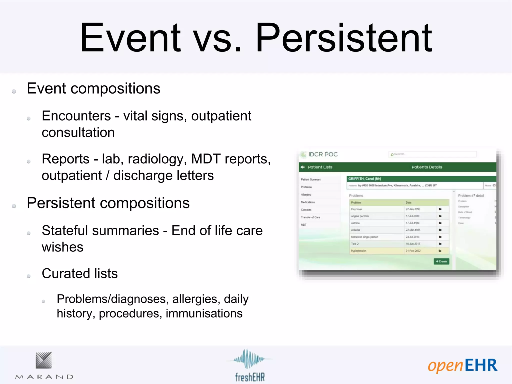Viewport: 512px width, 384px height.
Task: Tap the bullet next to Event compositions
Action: point(14,91)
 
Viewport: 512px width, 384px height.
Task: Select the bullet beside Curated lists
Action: point(29,276)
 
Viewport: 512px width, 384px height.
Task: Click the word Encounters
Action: point(76,116)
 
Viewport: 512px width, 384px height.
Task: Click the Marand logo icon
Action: point(44,360)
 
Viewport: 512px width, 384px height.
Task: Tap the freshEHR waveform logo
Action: point(247,359)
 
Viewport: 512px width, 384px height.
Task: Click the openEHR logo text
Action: point(462,366)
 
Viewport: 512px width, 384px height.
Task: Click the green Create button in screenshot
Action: point(441,261)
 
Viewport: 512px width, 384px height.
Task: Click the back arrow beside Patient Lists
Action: point(302,167)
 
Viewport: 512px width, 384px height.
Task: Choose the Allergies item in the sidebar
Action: point(306,194)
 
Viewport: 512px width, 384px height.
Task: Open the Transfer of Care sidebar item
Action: point(310,217)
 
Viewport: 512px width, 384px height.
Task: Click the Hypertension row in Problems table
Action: point(359,251)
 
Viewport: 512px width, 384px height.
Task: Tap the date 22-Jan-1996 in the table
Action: point(413,209)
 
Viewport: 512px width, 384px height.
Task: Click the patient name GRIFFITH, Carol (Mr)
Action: point(364,179)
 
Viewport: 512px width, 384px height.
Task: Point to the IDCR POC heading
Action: point(323,154)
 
